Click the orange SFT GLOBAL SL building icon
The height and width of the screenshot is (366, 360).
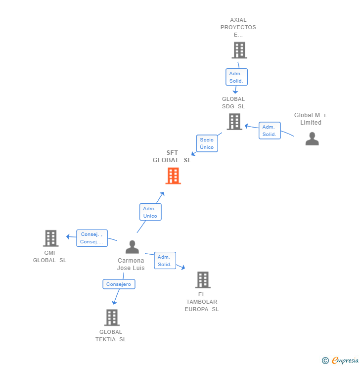(x=173, y=176)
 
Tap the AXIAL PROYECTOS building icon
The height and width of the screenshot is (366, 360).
(x=239, y=50)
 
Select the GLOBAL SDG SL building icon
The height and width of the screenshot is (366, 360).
(x=234, y=121)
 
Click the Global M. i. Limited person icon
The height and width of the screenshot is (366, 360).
(x=312, y=138)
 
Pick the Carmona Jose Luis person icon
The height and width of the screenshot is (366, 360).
(x=132, y=246)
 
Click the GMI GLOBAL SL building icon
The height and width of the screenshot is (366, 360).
(x=50, y=238)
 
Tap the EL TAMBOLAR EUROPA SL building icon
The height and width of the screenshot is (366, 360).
(x=202, y=279)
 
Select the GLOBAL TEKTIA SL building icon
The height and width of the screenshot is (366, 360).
(x=112, y=317)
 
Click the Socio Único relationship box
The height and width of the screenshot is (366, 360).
(x=207, y=143)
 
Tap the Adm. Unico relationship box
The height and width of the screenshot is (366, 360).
(x=150, y=212)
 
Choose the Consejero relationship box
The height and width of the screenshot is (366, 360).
(x=119, y=284)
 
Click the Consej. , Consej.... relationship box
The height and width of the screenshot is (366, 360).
(x=92, y=238)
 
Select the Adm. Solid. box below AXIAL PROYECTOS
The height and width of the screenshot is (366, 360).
(x=236, y=77)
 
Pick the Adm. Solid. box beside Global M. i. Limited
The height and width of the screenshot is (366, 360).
(x=270, y=131)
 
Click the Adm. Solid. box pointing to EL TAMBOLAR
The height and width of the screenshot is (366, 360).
(x=164, y=261)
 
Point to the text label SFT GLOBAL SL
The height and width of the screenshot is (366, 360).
(x=172, y=156)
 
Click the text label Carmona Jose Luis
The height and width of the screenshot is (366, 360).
(x=131, y=264)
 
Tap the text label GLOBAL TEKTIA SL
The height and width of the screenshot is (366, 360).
(x=111, y=335)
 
